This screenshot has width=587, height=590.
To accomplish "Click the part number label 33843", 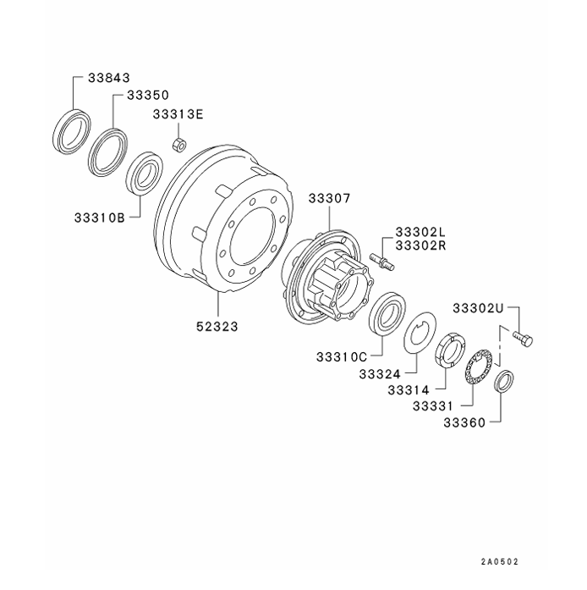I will point(108,77).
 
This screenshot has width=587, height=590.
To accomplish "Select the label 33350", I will point(148,97).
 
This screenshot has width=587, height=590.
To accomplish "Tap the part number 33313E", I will point(178,114).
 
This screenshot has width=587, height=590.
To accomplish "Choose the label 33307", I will point(328,198).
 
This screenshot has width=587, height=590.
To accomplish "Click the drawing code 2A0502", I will point(499,561).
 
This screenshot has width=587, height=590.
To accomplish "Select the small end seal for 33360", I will point(503,382).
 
